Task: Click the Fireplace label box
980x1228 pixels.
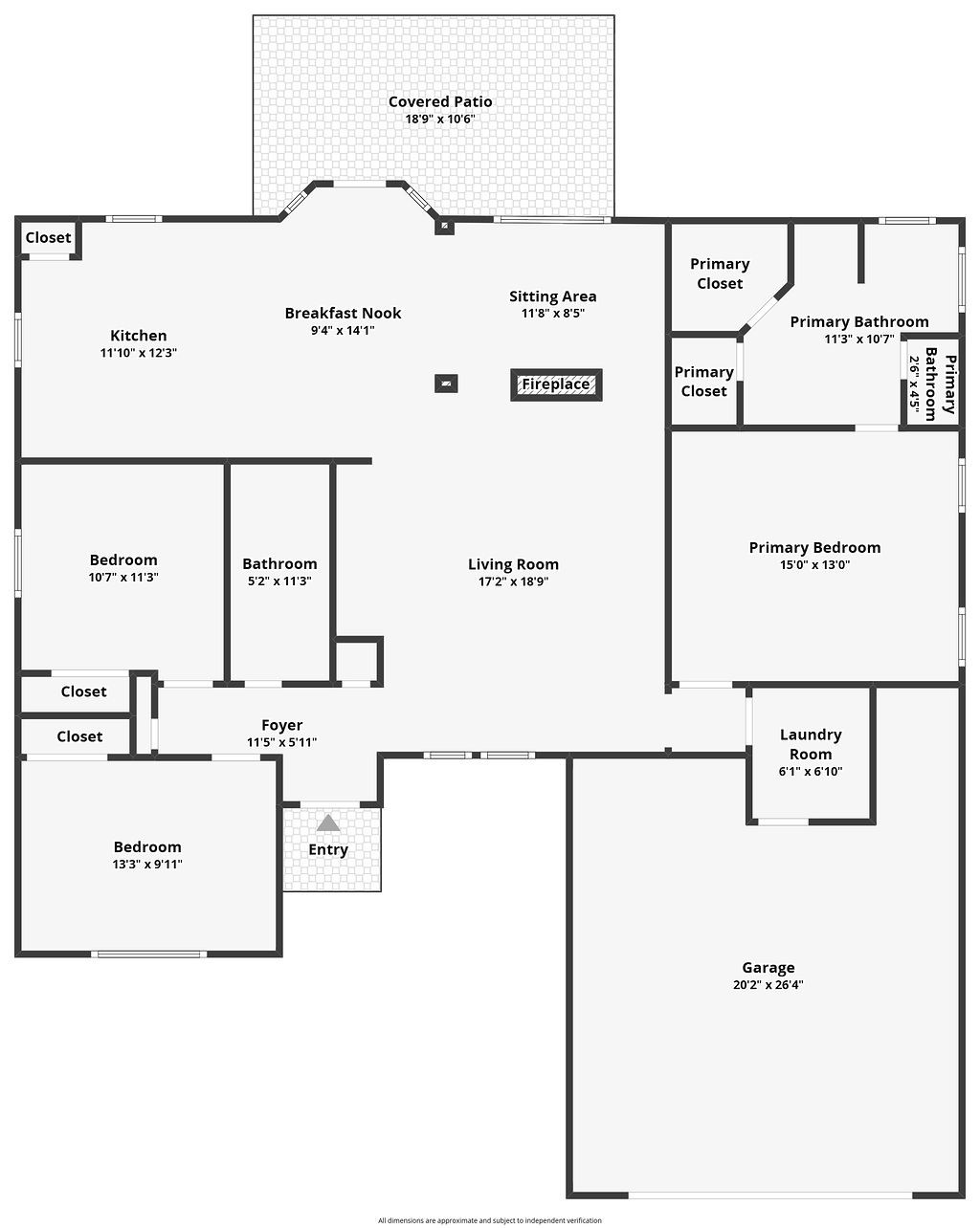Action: click(x=556, y=384)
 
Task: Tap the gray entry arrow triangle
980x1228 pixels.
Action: click(x=328, y=822)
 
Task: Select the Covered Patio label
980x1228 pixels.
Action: click(x=440, y=101)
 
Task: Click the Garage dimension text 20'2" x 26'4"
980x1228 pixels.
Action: click(x=768, y=985)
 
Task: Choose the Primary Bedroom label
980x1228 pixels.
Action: click(x=814, y=547)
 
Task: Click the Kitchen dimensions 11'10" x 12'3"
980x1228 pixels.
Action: click(x=139, y=353)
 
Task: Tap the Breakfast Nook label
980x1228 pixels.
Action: click(x=343, y=313)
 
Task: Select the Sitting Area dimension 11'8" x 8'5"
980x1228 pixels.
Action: click(x=552, y=313)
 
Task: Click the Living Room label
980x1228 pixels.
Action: click(x=513, y=564)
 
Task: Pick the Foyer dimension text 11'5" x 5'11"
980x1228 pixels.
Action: click(x=281, y=742)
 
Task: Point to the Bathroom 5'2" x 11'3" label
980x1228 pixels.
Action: click(x=279, y=564)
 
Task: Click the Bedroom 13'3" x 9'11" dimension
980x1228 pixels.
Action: click(x=147, y=865)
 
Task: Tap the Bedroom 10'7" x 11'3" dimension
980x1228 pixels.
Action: click(x=123, y=578)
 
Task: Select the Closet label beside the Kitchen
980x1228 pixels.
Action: click(x=48, y=237)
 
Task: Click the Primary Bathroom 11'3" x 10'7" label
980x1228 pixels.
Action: click(x=858, y=322)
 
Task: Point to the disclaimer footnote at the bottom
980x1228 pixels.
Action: click(x=489, y=1220)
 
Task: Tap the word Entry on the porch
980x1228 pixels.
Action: click(x=328, y=849)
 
